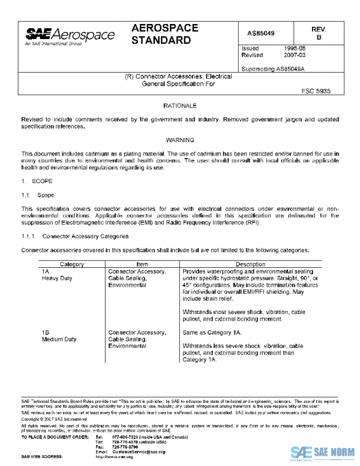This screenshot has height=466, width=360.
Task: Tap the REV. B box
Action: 319,33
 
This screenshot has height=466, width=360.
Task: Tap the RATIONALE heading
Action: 180,106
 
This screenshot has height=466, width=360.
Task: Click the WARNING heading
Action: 180,140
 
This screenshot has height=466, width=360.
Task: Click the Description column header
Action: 250,264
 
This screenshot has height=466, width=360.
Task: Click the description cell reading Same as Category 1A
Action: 212,331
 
